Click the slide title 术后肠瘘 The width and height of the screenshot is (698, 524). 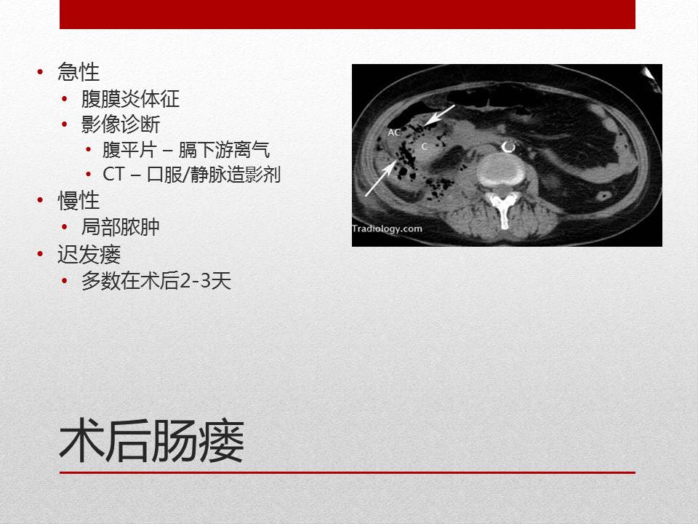pyautogui.click(x=151, y=442)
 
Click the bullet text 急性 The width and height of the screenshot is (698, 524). pyautogui.click(x=78, y=72)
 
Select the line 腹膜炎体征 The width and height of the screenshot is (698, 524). pyautogui.click(x=130, y=99)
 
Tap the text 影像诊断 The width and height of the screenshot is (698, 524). pyautogui.click(x=121, y=124)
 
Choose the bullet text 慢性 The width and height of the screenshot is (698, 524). pyautogui.click(x=78, y=201)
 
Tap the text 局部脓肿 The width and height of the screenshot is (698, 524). pyautogui.click(x=121, y=227)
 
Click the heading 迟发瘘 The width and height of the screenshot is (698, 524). pyautogui.click(x=89, y=254)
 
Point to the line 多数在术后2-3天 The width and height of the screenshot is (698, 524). pyautogui.click(x=156, y=282)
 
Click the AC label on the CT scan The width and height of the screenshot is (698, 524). pyautogui.click(x=394, y=132)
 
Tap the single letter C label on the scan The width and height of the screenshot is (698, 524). pyautogui.click(x=424, y=146)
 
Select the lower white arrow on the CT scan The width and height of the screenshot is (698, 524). pyautogui.click(x=380, y=178)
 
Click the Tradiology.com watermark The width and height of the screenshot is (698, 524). pyautogui.click(x=388, y=228)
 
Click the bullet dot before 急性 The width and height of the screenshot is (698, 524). pyautogui.click(x=39, y=72)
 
